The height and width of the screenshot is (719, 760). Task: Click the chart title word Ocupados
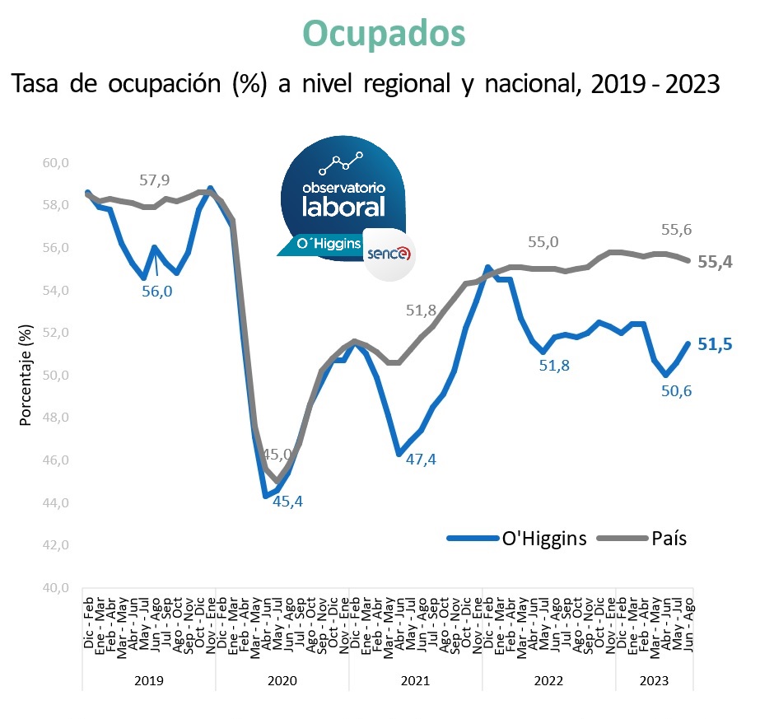coord(384,32)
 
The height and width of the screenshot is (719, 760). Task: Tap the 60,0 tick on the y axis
coord(55,162)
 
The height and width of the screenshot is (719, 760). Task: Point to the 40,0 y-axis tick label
coord(55,588)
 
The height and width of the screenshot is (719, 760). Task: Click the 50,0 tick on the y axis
coord(55,376)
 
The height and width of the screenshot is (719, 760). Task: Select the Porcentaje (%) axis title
coord(25,375)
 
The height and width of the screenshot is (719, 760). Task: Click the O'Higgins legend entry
coord(544,539)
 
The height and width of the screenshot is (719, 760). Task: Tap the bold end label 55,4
coord(716,262)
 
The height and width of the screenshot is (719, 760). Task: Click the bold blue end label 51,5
coord(716,344)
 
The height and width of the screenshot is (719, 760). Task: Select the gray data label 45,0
coord(277,454)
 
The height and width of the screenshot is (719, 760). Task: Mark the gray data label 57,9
coord(154,180)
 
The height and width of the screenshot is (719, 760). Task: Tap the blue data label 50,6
coord(676,391)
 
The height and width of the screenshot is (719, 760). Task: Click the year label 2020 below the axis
coord(282,681)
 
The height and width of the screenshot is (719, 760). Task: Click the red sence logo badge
coord(389,253)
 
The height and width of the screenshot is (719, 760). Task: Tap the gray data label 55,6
coord(676,230)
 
